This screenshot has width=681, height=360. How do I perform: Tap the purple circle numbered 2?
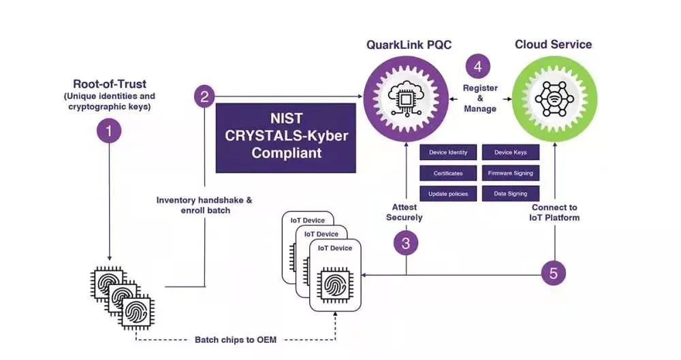pos(205,96)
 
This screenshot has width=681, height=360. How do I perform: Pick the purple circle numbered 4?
pos(477,67)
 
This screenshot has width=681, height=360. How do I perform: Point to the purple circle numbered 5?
pos(554,274)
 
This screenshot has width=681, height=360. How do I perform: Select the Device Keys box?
pos(510,152)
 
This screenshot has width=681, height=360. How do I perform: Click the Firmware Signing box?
pos(510,173)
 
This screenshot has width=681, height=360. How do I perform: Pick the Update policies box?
pos(447,193)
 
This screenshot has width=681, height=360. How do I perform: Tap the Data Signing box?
pos(510,193)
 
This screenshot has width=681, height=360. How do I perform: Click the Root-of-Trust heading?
pos(110,85)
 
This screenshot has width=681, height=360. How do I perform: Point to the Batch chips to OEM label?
pos(236,339)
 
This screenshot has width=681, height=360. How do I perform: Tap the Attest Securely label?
pos(405,212)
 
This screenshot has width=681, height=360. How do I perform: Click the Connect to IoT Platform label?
pos(554,212)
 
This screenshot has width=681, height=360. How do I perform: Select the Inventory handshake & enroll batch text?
pos(204,205)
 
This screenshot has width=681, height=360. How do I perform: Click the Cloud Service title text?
pos(553,45)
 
